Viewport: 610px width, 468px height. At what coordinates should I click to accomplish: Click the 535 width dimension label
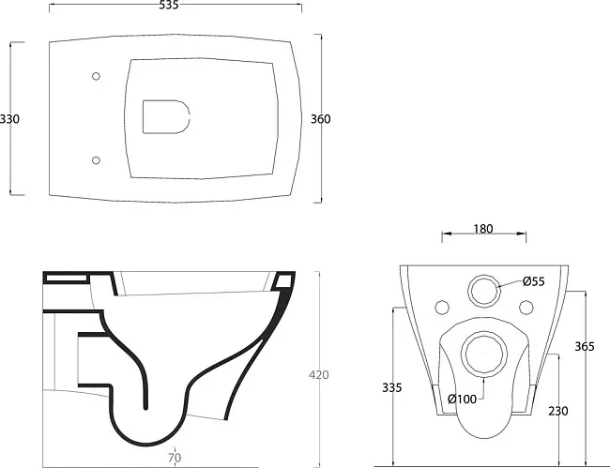(x=169, y=5)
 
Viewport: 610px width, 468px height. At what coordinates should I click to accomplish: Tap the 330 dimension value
(x=9, y=119)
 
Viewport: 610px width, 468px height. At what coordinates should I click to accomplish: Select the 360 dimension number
(x=321, y=119)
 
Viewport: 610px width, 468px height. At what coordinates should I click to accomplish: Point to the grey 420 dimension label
(x=319, y=375)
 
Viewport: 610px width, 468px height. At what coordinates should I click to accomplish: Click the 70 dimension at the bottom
(x=175, y=458)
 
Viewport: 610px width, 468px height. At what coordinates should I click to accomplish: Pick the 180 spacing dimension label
(x=483, y=229)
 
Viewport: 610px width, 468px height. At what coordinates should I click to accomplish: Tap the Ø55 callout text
(x=534, y=281)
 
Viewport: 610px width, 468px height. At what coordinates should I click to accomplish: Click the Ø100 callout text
(x=462, y=399)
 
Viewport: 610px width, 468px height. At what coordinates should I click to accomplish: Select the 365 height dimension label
(x=585, y=346)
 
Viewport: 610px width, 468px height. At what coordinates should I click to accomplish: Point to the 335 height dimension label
(x=391, y=387)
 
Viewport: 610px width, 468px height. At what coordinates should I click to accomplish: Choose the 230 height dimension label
(x=558, y=411)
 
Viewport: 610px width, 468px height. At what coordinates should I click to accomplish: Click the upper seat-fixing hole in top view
(x=96, y=76)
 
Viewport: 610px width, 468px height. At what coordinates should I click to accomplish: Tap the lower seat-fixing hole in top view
(x=96, y=160)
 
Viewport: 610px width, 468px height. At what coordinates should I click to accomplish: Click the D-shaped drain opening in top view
(x=166, y=116)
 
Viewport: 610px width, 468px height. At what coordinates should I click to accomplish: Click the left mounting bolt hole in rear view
(x=442, y=308)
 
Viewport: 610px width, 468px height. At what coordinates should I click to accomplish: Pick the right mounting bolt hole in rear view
(x=526, y=308)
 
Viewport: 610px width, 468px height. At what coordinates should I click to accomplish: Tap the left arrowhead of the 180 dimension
(x=446, y=234)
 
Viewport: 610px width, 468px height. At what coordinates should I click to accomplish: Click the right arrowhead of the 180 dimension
(x=522, y=234)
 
